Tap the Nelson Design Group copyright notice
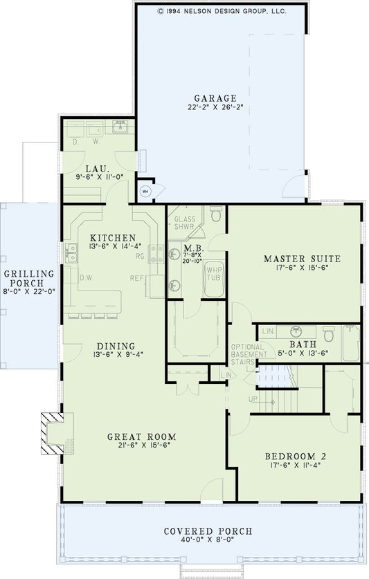click(222, 12)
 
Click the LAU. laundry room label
click(96, 169)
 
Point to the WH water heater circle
click(145, 192)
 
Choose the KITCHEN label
click(112, 237)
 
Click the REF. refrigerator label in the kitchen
click(137, 277)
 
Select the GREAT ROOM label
click(141, 436)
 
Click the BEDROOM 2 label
click(295, 457)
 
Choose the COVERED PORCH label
click(208, 531)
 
